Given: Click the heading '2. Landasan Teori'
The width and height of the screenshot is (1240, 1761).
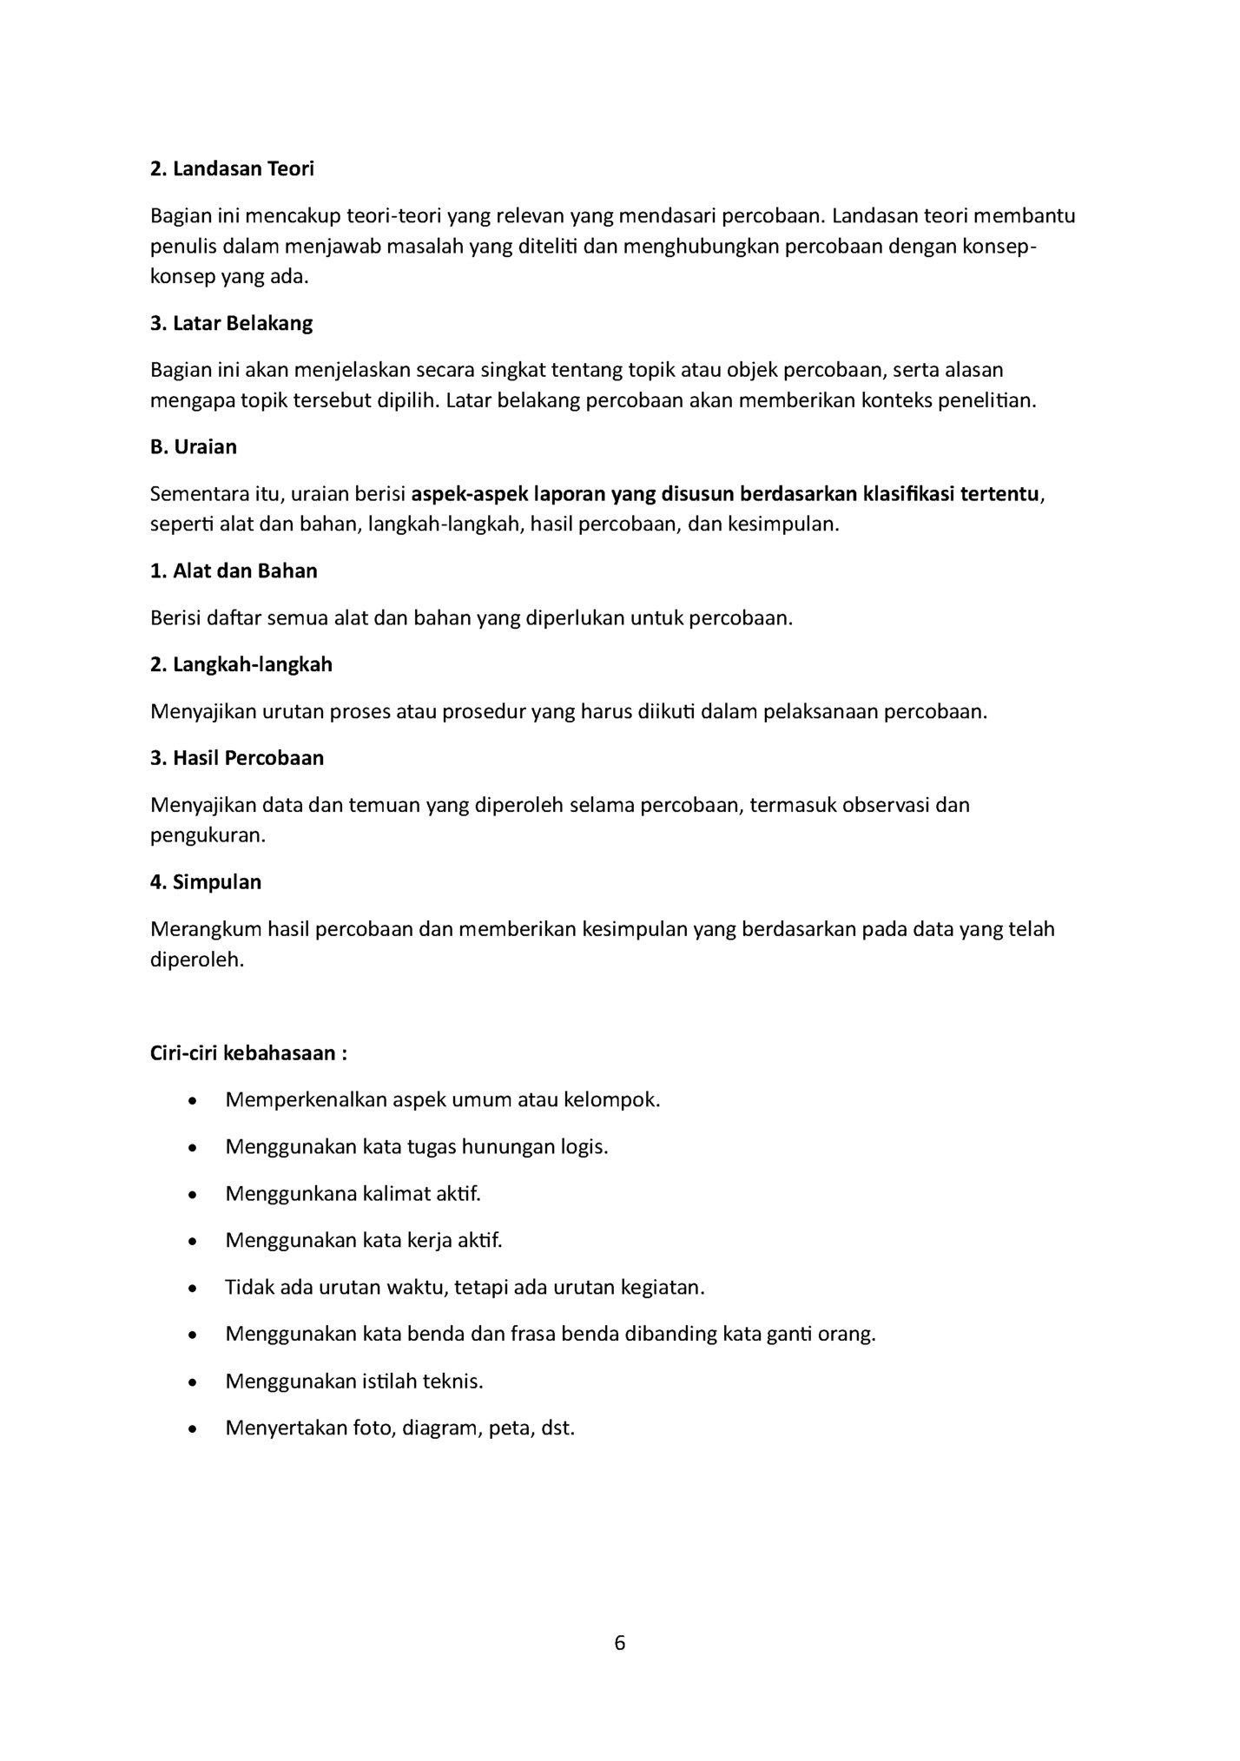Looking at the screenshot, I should click(x=232, y=168).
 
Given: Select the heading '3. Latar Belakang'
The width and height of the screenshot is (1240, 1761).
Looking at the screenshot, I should click(x=231, y=324).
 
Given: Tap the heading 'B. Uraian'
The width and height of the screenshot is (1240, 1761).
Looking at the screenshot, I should click(x=193, y=447).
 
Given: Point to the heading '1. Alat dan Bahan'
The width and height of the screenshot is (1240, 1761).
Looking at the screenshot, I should click(x=234, y=571).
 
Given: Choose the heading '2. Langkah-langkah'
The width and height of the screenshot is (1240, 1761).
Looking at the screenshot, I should click(x=241, y=665).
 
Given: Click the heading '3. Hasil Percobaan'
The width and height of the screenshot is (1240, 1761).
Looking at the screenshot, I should click(x=237, y=758).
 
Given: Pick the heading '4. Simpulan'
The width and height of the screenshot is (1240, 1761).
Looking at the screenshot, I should click(x=206, y=882).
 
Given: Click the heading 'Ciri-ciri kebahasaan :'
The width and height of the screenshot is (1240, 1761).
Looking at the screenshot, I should click(x=248, y=1053).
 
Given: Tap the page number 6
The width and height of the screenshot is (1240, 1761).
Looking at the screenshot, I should click(x=619, y=1643).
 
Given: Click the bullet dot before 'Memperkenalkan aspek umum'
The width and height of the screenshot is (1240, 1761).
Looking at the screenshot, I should click(x=191, y=1101).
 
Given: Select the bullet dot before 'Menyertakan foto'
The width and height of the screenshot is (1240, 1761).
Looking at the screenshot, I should click(x=191, y=1429).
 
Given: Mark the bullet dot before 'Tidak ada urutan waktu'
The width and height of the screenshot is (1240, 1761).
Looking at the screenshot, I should click(x=191, y=1289).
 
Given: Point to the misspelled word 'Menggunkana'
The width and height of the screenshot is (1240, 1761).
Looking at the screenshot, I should click(x=291, y=1194).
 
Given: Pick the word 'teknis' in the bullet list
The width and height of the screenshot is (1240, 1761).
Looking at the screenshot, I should click(x=452, y=1382).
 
